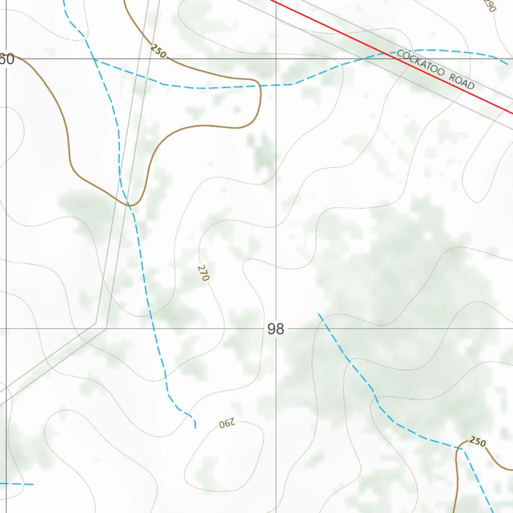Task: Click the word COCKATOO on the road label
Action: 420,65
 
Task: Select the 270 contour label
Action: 203,273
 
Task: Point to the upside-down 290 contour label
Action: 226,424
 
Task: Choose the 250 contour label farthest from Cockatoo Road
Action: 477,442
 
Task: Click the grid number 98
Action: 276,329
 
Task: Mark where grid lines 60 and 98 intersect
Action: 276,59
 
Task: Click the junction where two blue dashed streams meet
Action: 95,60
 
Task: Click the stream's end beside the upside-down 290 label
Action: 195,427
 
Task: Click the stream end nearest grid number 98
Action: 320,314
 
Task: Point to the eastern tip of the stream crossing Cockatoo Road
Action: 507,64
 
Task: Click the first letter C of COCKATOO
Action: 400,53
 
